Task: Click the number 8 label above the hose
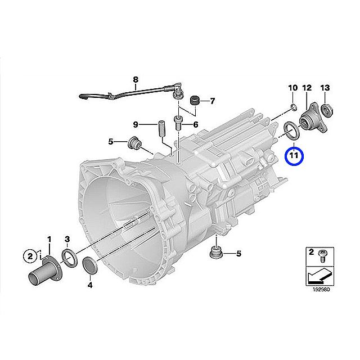135,80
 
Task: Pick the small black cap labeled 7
196,101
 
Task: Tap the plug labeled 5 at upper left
134,143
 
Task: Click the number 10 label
292,88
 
